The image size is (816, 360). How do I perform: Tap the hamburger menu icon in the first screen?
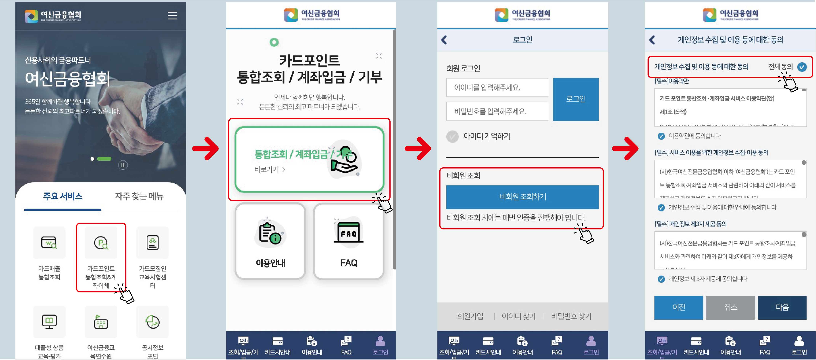pyautogui.click(x=172, y=15)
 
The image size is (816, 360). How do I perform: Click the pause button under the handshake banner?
pyautogui.click(x=123, y=165)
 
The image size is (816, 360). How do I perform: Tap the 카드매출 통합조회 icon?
pyautogui.click(x=49, y=243)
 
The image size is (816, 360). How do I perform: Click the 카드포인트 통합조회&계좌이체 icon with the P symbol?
pyautogui.click(x=101, y=243)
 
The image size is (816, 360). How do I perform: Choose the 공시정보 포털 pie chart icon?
pyautogui.click(x=152, y=322)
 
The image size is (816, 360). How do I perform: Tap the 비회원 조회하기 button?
pyautogui.click(x=522, y=197)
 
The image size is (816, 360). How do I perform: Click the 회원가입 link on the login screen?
pyautogui.click(x=470, y=316)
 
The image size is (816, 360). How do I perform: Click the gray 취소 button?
pyautogui.click(x=730, y=307)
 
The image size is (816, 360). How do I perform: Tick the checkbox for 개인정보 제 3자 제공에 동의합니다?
pyautogui.click(x=661, y=279)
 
